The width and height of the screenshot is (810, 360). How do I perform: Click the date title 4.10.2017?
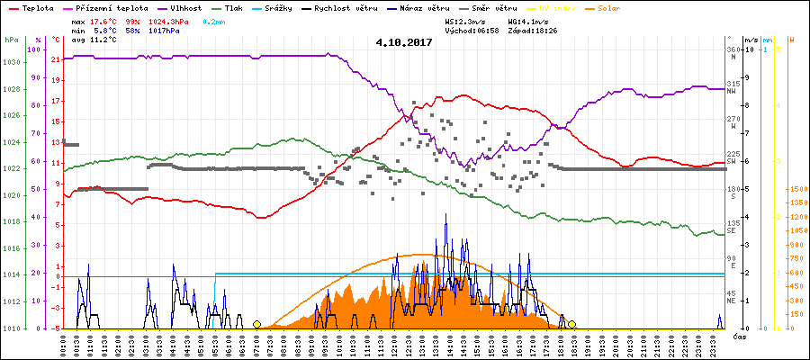(404, 41)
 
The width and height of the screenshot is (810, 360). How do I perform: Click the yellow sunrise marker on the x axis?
(256, 324)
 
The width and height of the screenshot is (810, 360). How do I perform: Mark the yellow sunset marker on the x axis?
(571, 324)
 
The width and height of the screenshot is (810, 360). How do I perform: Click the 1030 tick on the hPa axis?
(11, 62)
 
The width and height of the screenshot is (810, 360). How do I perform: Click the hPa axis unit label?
(11, 40)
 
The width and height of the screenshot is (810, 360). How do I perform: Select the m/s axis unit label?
(751, 40)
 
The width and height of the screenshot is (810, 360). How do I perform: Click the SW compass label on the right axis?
(733, 161)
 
